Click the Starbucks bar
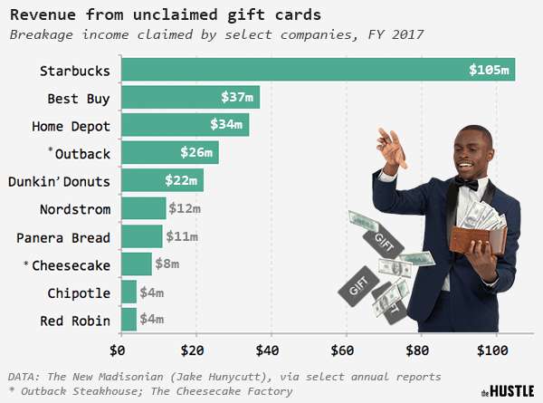(317, 70)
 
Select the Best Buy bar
(189, 97)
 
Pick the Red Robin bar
(128, 321)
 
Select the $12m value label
(183, 209)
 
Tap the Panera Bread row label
(63, 237)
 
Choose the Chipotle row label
(79, 293)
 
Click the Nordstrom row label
(75, 209)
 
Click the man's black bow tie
(467, 184)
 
